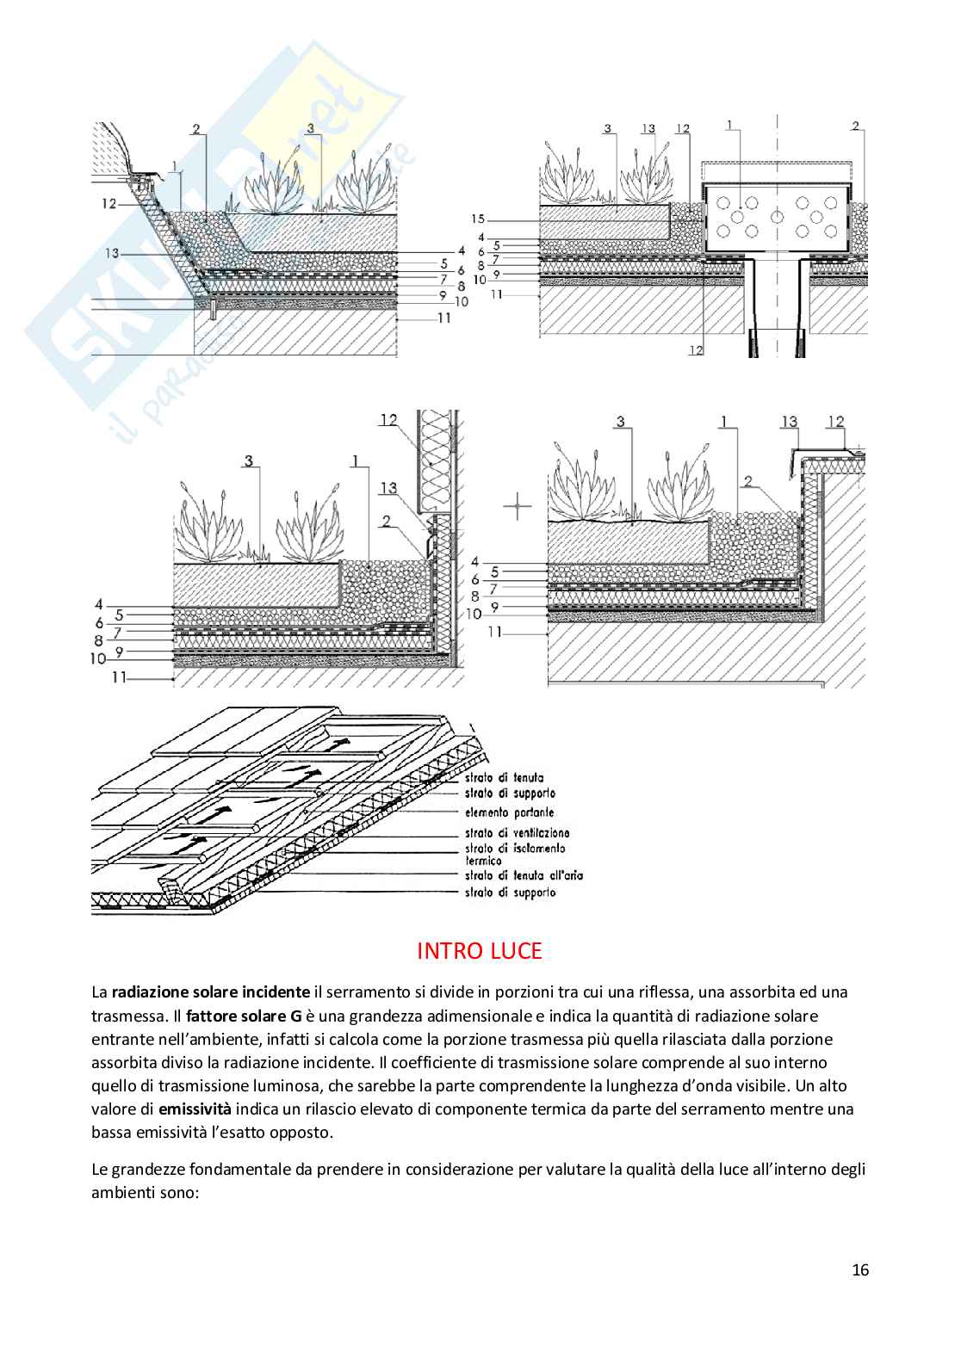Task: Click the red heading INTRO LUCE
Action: tap(480, 950)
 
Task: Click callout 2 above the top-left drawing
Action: tap(196, 130)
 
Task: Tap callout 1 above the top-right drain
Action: tap(728, 126)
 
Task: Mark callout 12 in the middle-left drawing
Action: tap(387, 420)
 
